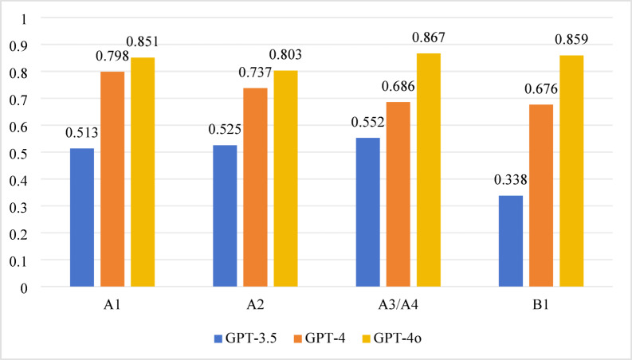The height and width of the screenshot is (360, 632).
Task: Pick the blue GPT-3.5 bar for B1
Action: [x=510, y=241]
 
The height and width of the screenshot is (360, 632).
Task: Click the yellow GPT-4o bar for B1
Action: [x=571, y=170]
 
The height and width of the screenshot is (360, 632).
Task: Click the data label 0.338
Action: [x=510, y=180]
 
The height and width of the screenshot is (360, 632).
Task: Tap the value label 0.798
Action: [x=112, y=56]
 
